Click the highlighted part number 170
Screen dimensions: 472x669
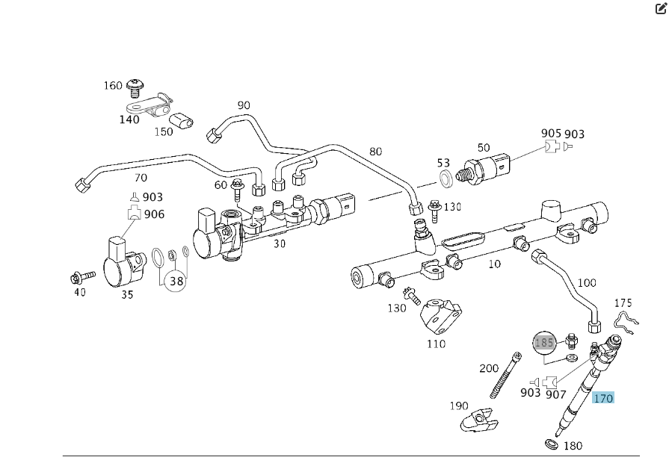point(602,398)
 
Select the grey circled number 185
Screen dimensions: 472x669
point(544,343)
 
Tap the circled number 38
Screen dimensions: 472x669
point(176,281)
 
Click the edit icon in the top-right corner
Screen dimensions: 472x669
point(660,9)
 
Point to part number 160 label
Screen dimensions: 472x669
point(112,86)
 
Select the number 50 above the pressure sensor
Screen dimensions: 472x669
point(484,147)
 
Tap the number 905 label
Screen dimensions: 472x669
point(551,134)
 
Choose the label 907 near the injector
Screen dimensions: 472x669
point(555,393)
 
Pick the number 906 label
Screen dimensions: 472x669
point(154,214)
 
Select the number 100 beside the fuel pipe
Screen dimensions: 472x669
point(587,282)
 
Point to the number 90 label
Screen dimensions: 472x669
point(244,105)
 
